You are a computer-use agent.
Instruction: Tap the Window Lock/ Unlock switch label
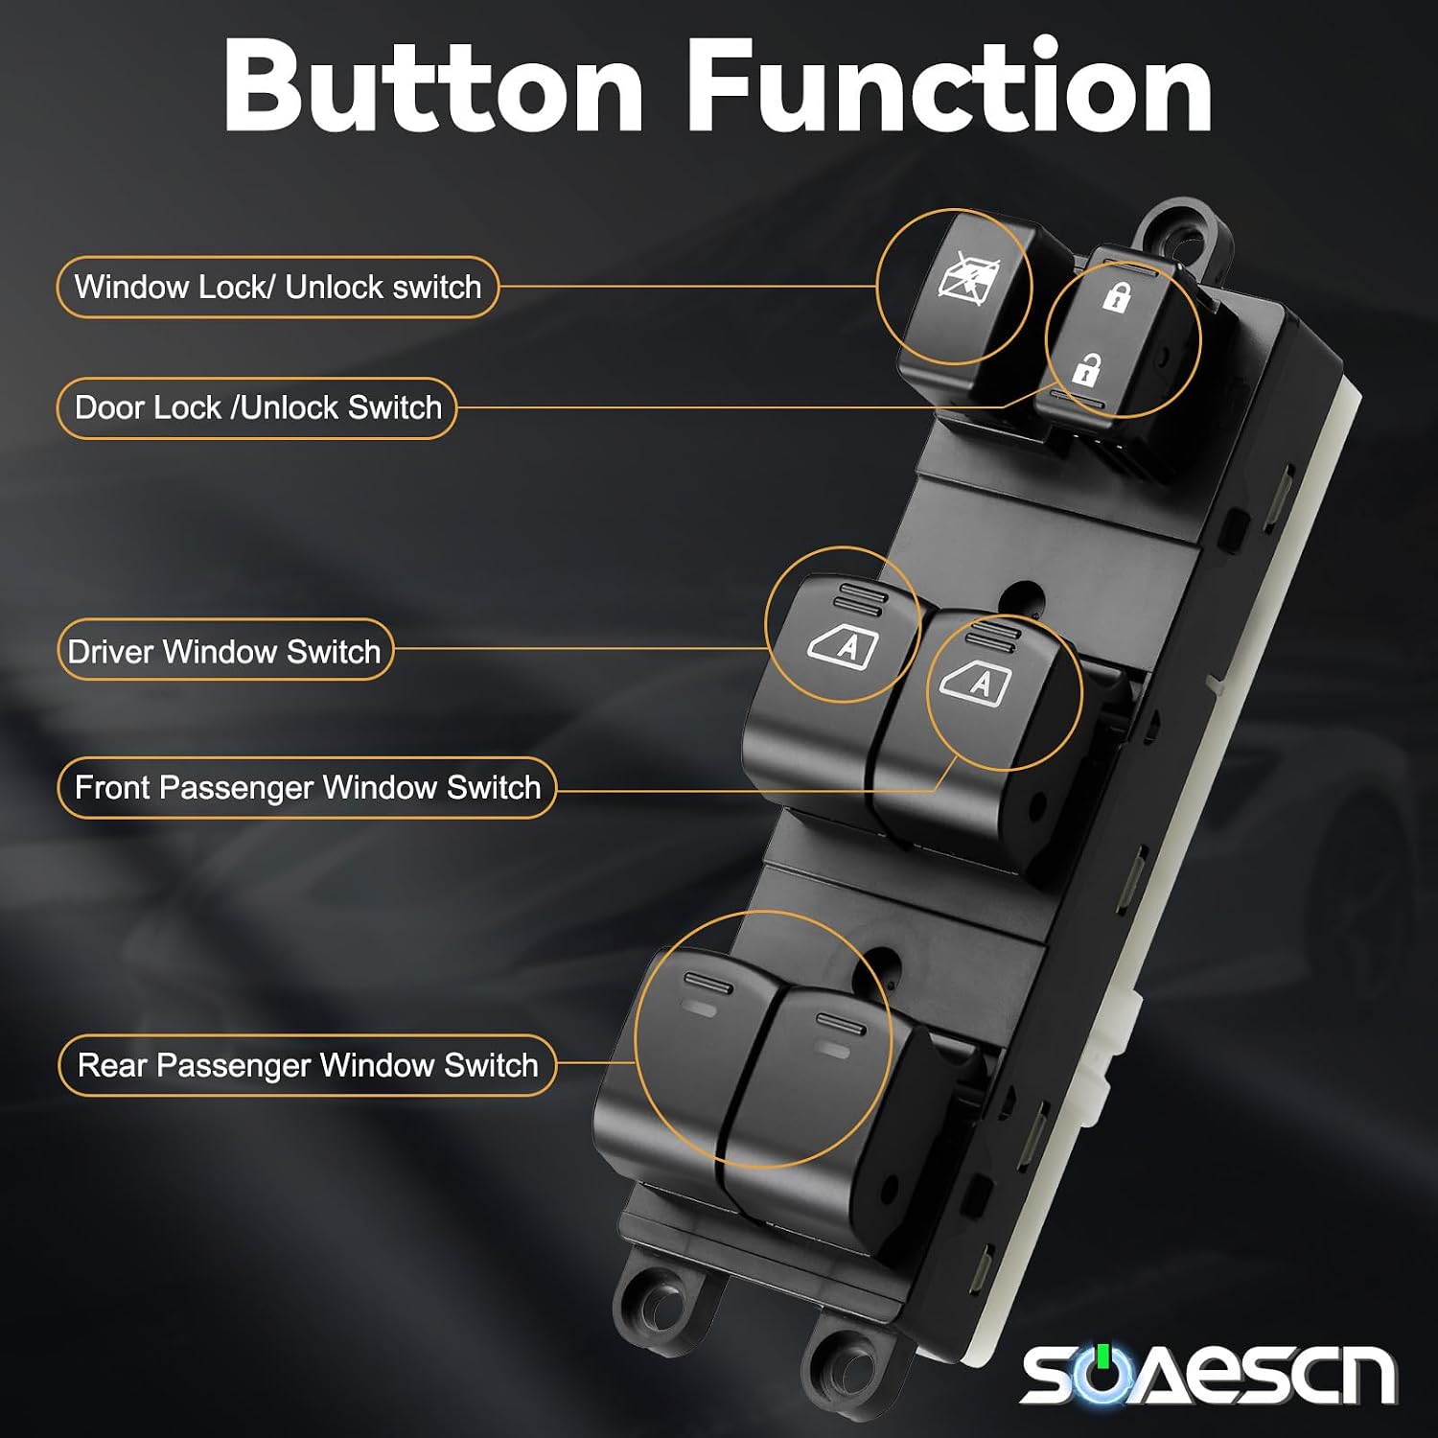point(278,287)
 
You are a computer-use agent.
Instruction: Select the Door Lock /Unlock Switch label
point(257,407)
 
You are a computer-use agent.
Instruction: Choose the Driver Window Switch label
point(225,651)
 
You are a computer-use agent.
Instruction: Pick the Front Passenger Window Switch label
point(307,787)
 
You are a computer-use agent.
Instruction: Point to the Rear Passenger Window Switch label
point(307,1065)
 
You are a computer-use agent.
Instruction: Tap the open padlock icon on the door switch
point(1086,368)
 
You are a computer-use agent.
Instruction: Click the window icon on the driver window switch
point(843,645)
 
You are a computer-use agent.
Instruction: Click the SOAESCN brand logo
point(1208,1374)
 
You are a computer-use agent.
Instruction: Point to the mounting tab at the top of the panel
point(1184,231)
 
